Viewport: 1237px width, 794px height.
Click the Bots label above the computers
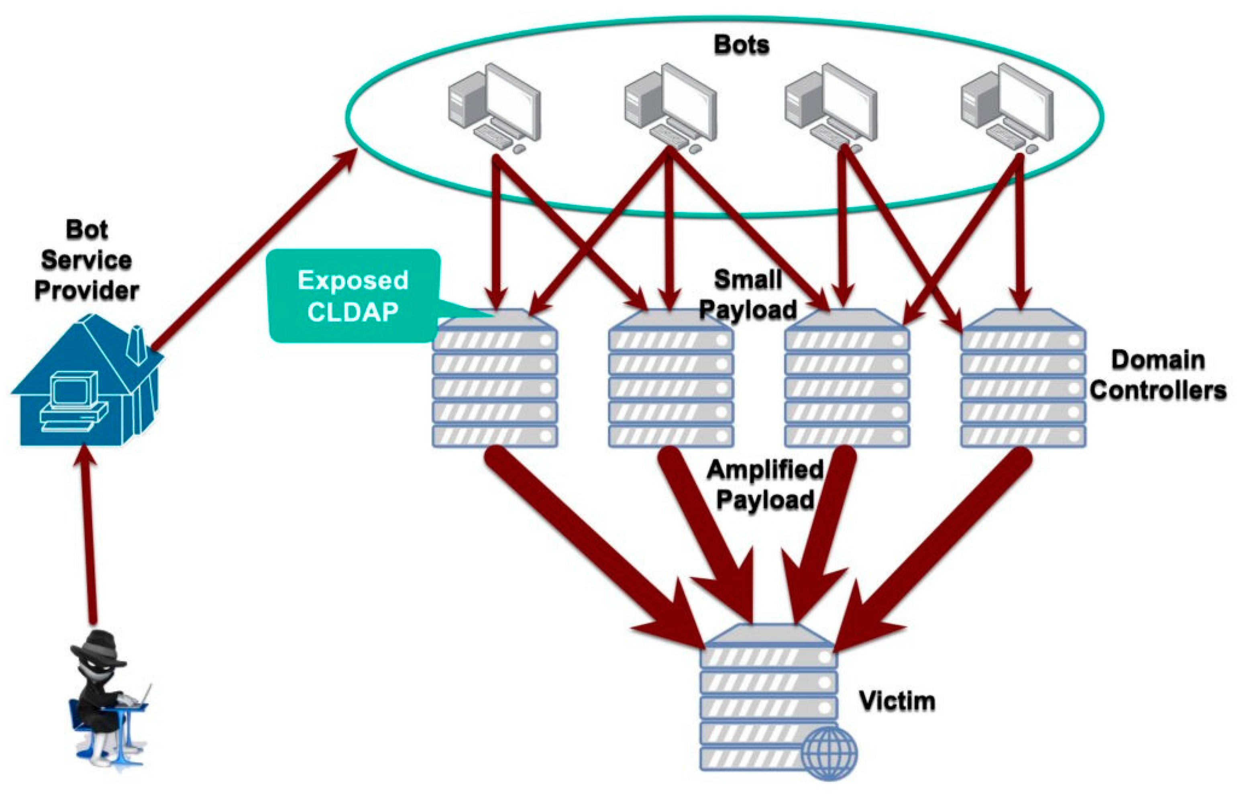741,45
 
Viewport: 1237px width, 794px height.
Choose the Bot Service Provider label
87,260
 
